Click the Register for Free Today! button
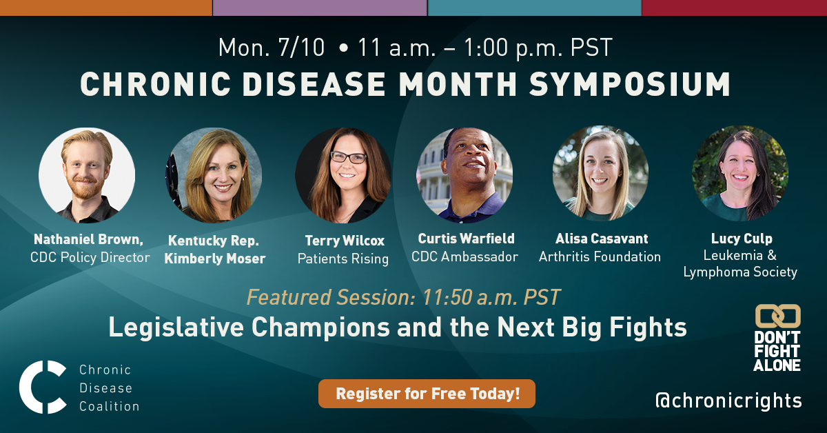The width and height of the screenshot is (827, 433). [x=427, y=394]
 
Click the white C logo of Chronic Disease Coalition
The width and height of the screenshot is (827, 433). [x=43, y=387]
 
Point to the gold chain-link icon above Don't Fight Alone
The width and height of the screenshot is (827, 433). [x=778, y=316]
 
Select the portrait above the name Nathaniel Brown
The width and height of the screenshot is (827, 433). [x=87, y=175]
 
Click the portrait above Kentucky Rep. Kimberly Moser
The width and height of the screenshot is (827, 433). [x=214, y=175]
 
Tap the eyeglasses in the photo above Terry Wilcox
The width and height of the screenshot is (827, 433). [x=348, y=157]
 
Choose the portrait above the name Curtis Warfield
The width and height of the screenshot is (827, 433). [x=464, y=175]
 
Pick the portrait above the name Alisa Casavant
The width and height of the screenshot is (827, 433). [x=600, y=173]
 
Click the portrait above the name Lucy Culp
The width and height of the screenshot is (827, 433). [x=740, y=173]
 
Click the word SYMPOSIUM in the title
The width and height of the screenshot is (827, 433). [x=629, y=84]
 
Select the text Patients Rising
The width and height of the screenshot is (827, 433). [x=343, y=259]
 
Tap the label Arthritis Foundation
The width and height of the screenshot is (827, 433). [x=600, y=256]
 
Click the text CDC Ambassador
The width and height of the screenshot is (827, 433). [x=464, y=256]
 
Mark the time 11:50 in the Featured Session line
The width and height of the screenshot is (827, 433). [x=447, y=297]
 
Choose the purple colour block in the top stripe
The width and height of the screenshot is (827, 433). [x=320, y=8]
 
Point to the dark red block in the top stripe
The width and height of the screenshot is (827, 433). [x=735, y=8]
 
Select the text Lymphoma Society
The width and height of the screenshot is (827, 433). [x=740, y=272]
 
